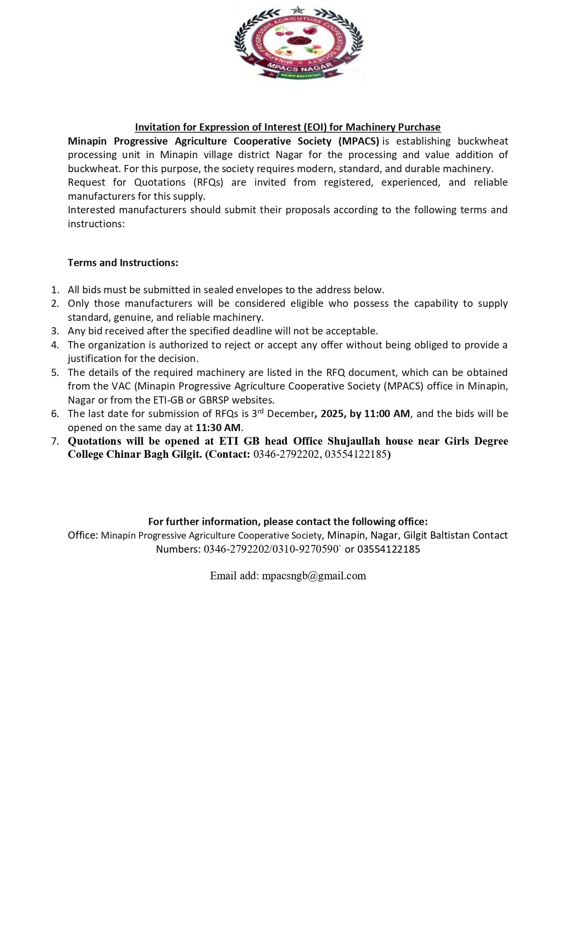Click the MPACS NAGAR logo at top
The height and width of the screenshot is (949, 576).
[x=299, y=44]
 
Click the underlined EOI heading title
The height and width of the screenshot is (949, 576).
[x=287, y=127]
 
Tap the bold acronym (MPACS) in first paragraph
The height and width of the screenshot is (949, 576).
[x=359, y=141]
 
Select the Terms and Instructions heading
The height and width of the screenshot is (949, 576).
[x=123, y=263]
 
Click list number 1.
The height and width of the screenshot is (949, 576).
[x=55, y=290]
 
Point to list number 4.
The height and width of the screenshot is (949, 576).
[x=55, y=345]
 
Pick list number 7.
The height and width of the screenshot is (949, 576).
[x=55, y=441]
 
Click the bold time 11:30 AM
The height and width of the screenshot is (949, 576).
[x=218, y=428]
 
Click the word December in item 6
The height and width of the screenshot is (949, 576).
[x=290, y=413]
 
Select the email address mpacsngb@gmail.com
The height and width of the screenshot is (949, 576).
[x=314, y=576]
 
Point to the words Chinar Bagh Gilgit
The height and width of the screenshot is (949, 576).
[x=154, y=454]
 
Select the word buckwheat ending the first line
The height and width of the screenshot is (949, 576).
[x=482, y=141]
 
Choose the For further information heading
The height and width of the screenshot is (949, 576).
[x=288, y=521]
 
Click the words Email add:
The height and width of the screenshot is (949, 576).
[x=234, y=576]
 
